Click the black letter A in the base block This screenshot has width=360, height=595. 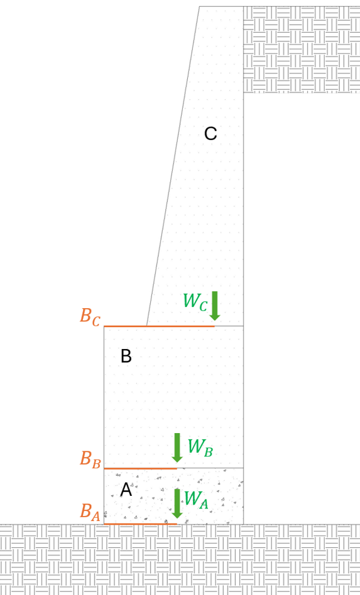[126, 490]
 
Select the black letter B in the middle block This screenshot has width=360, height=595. [126, 356]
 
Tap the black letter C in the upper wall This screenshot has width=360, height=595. [210, 134]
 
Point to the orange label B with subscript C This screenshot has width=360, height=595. [90, 317]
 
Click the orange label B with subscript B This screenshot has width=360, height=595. [90, 459]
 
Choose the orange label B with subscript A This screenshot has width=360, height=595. [90, 512]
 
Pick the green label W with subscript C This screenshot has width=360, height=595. [195, 302]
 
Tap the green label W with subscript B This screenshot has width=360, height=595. [200, 448]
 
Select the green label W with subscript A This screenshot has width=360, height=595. [196, 500]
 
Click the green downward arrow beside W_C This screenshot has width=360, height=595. [215, 306]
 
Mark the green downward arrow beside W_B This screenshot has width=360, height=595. [177, 448]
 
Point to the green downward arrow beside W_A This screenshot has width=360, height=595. [177, 503]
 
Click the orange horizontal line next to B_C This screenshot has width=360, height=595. [160, 326]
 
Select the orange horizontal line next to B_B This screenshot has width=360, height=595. [141, 468]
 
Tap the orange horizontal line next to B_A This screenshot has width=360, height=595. [141, 524]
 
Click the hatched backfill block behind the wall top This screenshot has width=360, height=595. [302, 50]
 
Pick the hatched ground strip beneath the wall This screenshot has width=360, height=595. [180, 560]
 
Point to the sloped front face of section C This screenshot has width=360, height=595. [173, 166]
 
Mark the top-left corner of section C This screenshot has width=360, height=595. [200, 6]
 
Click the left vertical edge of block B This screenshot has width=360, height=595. [104, 397]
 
